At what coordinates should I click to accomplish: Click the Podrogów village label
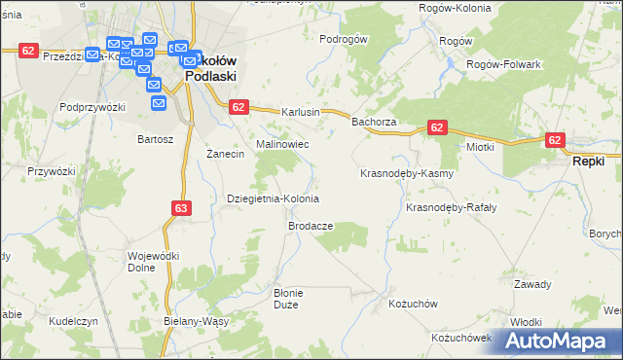[x=344, y=39]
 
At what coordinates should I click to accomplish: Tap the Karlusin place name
[x=301, y=112]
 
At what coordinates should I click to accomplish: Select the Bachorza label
[x=373, y=122]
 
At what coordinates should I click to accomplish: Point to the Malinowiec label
[x=282, y=143]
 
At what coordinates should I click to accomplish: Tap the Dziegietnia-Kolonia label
[x=273, y=198]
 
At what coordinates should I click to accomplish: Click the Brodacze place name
[x=311, y=225]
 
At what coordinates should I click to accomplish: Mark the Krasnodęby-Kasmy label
[x=407, y=173]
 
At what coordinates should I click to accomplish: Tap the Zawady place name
[x=532, y=284]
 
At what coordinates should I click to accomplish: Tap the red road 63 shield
[x=181, y=208]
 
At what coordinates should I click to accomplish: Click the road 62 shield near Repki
[x=555, y=140]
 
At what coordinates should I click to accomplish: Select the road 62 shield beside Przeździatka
[x=28, y=51]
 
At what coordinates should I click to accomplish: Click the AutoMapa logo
[x=561, y=341]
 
